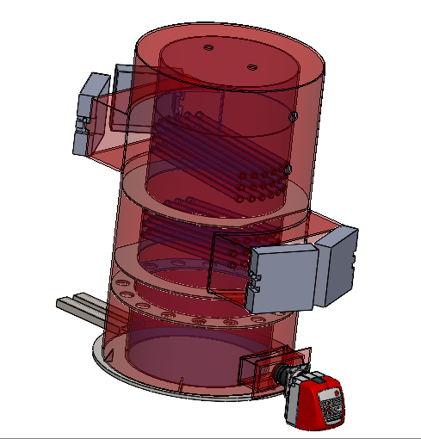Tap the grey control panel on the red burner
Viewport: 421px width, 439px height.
tap(331, 403)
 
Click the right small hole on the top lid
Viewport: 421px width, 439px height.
tap(252, 66)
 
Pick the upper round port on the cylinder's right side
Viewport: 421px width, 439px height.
tap(293, 116)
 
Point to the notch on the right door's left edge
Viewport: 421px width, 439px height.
tap(254, 281)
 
